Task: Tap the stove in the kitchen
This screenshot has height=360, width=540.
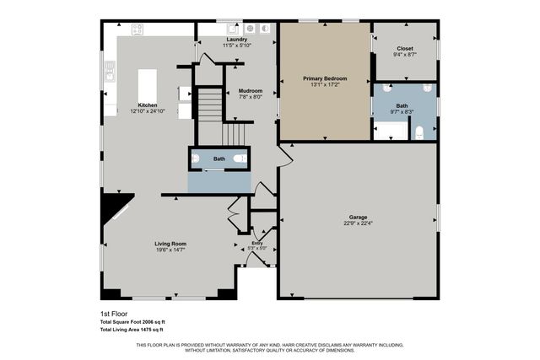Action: point(137,29)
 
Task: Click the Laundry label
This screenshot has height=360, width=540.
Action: point(235,39)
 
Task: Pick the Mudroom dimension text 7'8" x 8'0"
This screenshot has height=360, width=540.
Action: point(250,97)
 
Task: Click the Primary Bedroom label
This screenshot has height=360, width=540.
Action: point(325,78)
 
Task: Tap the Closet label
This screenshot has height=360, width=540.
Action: point(405,49)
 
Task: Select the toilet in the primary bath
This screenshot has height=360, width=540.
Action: point(418,132)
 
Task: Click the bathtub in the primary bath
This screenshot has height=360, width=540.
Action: point(389,131)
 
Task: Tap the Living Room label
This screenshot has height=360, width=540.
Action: point(170,244)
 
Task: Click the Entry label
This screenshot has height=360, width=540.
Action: point(256,243)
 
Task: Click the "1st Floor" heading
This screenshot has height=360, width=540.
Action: point(114,314)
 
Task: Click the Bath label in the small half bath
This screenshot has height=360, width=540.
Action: point(219,159)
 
